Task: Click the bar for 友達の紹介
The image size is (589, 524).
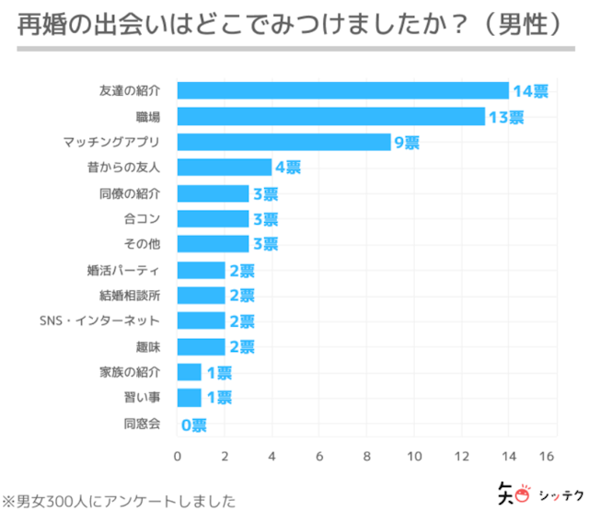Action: coord(342,90)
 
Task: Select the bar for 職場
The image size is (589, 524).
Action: coord(330,116)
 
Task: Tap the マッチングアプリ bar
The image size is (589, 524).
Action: coord(283,142)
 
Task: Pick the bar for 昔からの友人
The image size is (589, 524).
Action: coord(224,167)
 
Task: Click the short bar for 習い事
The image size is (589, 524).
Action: coord(189,398)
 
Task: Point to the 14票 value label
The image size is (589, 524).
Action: coord(530,91)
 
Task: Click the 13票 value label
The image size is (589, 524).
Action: coord(505,117)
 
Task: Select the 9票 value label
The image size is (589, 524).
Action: coord(406,143)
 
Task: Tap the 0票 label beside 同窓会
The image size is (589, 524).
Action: coord(193,425)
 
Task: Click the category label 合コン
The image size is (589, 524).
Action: coord(142,219)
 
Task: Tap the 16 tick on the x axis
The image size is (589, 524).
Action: coord(548,457)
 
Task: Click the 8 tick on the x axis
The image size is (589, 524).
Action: coord(366,457)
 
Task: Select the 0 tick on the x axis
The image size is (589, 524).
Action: coord(177,457)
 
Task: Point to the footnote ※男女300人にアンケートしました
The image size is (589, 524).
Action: coord(119,502)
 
